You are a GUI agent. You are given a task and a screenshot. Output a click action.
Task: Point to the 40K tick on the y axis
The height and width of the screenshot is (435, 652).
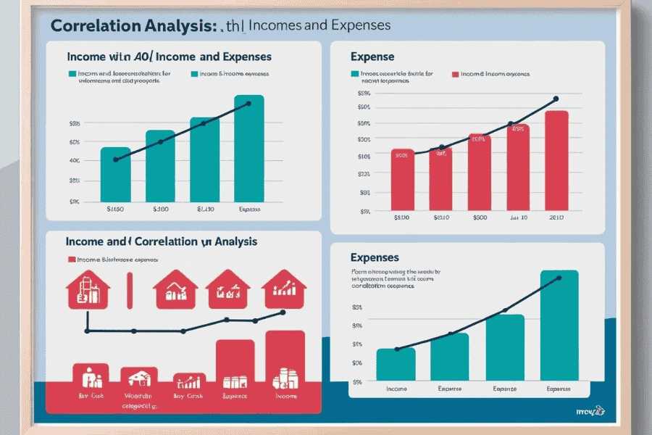click(74, 161)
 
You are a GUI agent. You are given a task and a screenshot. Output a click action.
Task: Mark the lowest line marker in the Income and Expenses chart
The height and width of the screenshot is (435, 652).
click(115, 160)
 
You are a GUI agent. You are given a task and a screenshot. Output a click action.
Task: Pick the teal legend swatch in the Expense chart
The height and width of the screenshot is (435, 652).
click(354, 74)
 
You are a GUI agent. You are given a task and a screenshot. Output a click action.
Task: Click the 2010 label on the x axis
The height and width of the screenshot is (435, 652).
click(557, 217)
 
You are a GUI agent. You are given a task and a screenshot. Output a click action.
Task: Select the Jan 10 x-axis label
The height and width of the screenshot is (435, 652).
click(519, 217)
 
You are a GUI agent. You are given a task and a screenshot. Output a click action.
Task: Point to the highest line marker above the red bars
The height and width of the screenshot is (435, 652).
click(556, 99)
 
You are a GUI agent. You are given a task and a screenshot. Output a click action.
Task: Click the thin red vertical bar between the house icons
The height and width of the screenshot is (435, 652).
click(130, 290)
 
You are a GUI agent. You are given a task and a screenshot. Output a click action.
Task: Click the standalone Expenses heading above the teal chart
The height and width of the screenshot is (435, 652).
click(375, 257)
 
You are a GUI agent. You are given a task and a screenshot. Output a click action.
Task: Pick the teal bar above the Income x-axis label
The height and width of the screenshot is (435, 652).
click(396, 363)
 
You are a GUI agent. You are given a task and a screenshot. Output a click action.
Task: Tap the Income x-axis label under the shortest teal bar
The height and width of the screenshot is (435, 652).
click(396, 388)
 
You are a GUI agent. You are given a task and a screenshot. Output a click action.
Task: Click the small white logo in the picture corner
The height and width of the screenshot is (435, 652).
click(596, 412)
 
